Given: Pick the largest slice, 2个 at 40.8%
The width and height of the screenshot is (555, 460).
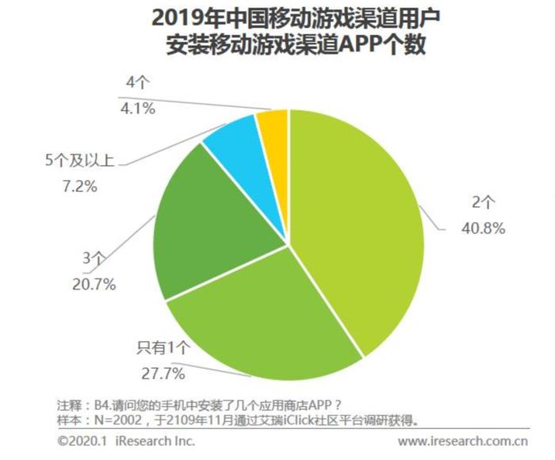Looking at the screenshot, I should [x=357, y=222].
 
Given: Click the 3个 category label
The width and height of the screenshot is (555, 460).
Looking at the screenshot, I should [x=94, y=259].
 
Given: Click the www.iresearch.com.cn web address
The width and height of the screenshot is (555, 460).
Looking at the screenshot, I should [x=463, y=441].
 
